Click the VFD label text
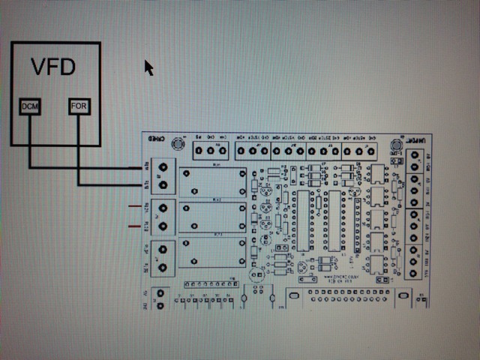(x=53, y=67)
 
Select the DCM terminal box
(x=30, y=107)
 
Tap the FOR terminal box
(x=79, y=107)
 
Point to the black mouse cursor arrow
(x=148, y=67)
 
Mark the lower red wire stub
(x=135, y=224)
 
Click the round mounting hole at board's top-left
(x=178, y=144)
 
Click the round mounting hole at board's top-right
(x=396, y=145)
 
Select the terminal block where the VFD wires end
(x=163, y=176)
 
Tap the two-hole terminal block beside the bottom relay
(x=163, y=256)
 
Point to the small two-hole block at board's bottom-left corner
(x=158, y=298)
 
